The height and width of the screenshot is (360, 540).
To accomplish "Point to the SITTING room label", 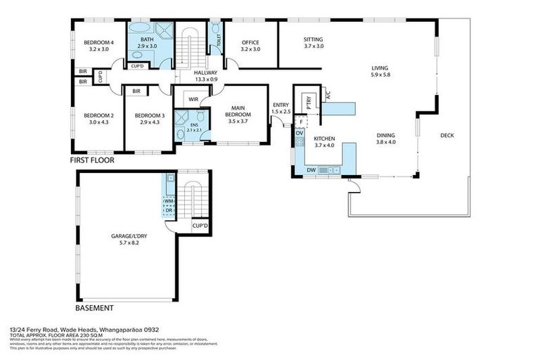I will (x=314, y=42).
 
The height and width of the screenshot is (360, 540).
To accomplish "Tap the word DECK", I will (x=447, y=136).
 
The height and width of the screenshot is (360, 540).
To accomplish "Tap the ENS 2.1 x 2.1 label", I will (x=194, y=127).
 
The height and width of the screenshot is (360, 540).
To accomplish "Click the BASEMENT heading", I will (x=94, y=308).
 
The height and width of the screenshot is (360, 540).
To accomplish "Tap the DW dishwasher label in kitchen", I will (x=310, y=169).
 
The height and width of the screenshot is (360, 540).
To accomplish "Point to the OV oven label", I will (x=299, y=133).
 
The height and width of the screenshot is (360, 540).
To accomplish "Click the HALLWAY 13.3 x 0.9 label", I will (x=205, y=76).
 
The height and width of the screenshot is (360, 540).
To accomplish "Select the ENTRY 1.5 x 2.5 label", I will (x=281, y=108).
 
